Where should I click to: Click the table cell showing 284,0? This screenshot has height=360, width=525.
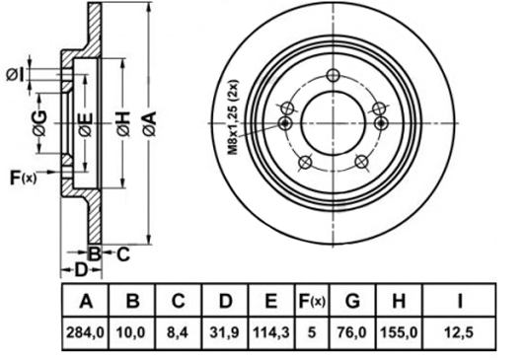click(x=86, y=332)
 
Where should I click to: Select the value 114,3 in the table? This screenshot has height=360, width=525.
click(x=271, y=332)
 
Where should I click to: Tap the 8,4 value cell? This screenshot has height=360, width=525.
click(x=178, y=332)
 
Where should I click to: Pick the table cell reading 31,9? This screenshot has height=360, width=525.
click(x=225, y=332)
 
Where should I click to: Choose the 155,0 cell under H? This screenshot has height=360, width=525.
click(x=399, y=332)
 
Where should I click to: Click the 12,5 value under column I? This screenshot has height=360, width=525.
click(x=459, y=332)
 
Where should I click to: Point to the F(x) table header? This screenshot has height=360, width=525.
click(x=312, y=301)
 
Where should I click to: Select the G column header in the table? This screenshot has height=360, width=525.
click(x=352, y=301)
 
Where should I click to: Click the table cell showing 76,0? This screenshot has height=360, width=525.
click(x=352, y=332)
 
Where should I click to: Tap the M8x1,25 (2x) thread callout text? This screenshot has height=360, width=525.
click(x=233, y=117)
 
